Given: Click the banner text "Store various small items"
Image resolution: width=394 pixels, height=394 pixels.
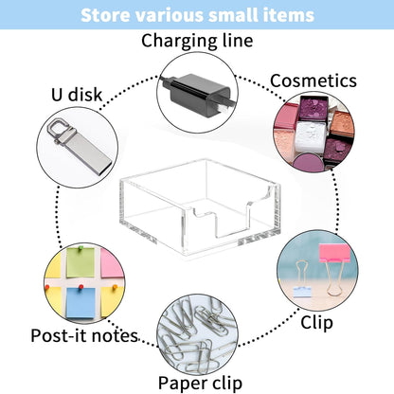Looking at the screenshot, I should tap(196, 16).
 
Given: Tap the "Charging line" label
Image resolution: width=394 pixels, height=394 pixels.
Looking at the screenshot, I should tap(196, 40).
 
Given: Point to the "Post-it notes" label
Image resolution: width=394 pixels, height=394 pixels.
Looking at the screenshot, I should tap(84, 336).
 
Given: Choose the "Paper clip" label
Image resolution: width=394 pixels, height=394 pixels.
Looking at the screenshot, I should tap(197, 383).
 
